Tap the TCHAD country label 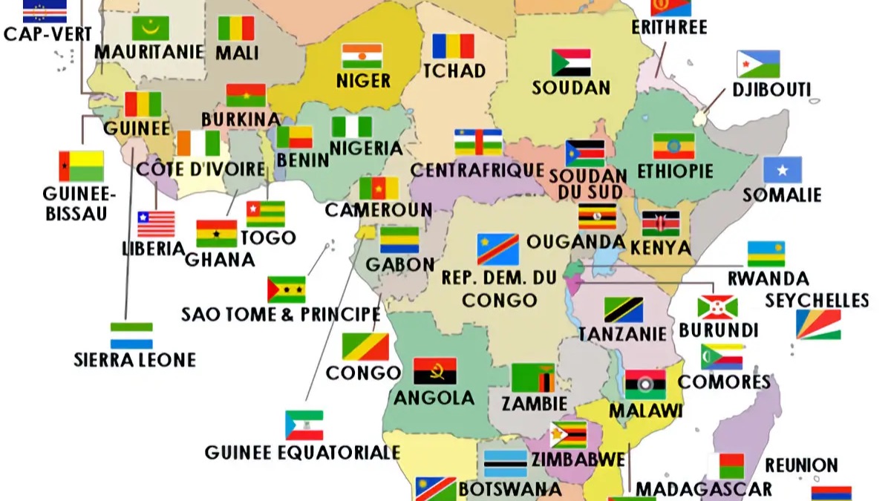(454, 71)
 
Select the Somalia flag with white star (783, 170)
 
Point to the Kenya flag (660, 223)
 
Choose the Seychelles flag (818, 324)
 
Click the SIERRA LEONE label (134, 360)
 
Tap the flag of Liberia (156, 223)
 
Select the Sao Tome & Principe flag (286, 289)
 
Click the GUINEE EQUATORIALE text (302, 452)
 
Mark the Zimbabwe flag (568, 435)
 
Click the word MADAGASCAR (703, 488)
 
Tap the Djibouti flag (758, 64)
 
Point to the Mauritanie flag (151, 28)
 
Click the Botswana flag (505, 463)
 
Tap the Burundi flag (717, 307)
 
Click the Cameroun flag (379, 188)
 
